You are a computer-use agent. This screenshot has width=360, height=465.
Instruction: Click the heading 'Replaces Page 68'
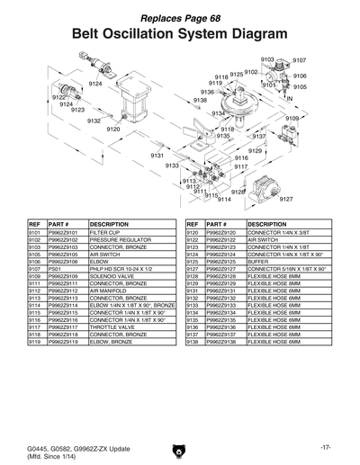pyautogui.click(x=180, y=20)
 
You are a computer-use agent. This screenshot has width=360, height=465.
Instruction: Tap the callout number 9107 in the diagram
pyautogui.click(x=300, y=60)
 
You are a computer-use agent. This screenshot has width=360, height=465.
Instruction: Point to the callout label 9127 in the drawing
pyautogui.click(x=287, y=199)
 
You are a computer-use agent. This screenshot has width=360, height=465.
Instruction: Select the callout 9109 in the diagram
pyautogui.click(x=292, y=118)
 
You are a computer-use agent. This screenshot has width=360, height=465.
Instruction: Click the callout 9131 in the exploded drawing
pyautogui.click(x=157, y=156)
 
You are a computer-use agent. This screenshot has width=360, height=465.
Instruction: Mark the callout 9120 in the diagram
pyautogui.click(x=113, y=130)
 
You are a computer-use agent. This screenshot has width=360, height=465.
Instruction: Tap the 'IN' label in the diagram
pyautogui.click(x=290, y=97)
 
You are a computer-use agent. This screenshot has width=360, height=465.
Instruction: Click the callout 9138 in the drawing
pyautogui.click(x=201, y=100)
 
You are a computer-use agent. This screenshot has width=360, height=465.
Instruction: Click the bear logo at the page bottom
pyautogui.click(x=180, y=447)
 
